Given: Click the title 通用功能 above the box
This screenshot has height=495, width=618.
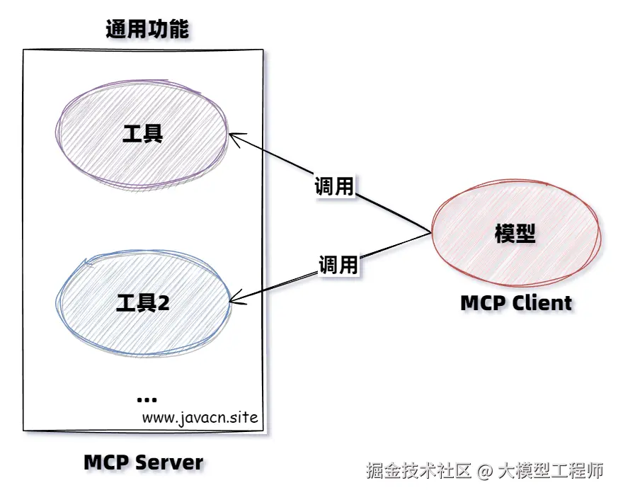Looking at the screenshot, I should pos(147,30).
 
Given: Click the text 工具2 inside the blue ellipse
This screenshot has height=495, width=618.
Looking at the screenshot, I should pos(142,303).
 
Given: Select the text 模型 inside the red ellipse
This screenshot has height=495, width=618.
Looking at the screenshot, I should pos(515,234).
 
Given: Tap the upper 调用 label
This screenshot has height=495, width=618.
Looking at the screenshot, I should pos(333,186).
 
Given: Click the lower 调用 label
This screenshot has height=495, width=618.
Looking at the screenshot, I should pos(338,265).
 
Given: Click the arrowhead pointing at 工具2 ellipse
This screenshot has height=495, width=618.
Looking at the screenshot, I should pos(237,300).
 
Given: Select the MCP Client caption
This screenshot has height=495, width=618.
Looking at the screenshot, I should pos(516,303).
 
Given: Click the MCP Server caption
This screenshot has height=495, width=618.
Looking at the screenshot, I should pos(144,463).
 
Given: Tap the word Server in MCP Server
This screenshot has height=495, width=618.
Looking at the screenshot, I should pos(169,463).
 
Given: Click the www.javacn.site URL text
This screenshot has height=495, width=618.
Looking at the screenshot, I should pos(200,416).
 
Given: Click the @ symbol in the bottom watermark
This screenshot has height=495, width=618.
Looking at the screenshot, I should pos(484,470).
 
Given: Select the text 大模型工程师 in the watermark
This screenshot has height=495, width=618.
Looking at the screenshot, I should pos(551,470).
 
